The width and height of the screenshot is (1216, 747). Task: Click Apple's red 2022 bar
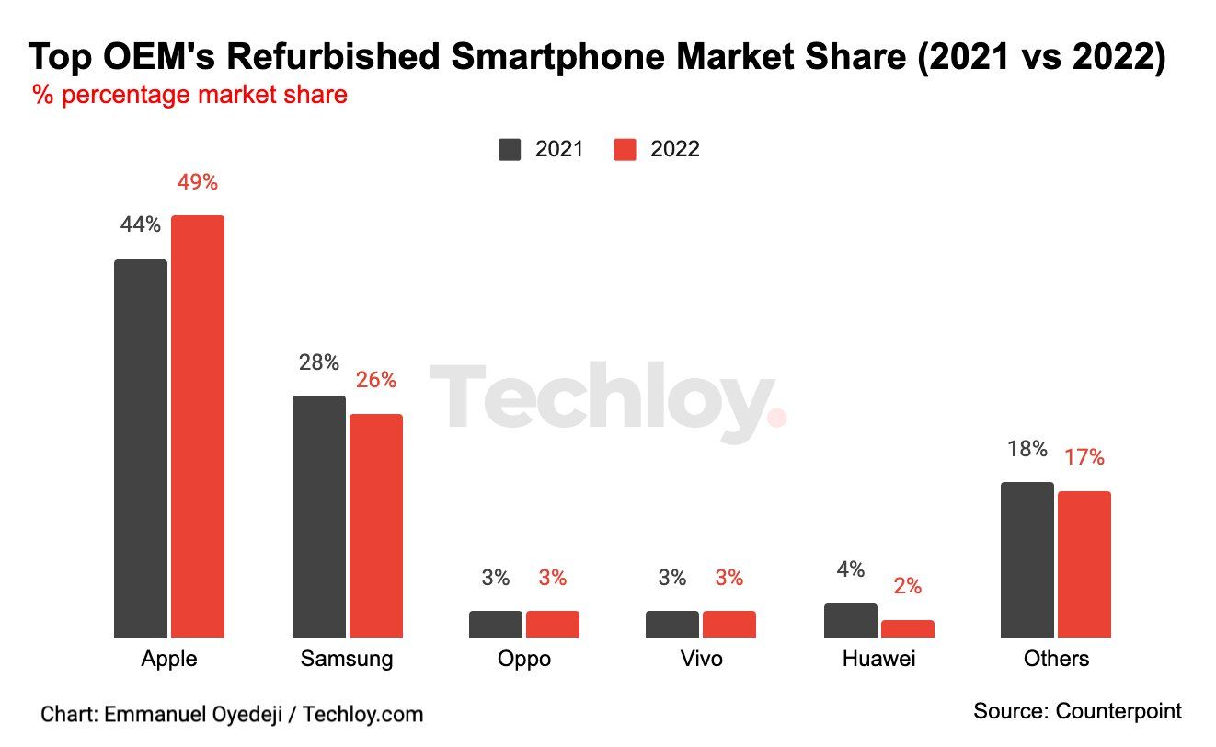198,426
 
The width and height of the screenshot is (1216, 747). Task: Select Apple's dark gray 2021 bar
141,448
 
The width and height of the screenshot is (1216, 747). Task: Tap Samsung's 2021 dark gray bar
319,516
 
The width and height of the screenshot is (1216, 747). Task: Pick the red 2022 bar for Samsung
376,525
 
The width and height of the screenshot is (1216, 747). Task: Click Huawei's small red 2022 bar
908,628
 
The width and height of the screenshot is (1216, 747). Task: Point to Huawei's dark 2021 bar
851,620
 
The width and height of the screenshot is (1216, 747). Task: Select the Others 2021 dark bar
1027,559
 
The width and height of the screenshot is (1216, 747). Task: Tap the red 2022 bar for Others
1084,564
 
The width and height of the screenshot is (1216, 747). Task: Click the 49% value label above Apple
198,182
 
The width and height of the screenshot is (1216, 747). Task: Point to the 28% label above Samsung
319,362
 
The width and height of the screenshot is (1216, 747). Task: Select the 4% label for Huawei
851,569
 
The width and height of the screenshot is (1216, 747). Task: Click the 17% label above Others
1084,457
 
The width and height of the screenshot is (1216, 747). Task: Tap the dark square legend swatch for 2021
510,149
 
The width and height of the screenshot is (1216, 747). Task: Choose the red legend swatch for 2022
625,149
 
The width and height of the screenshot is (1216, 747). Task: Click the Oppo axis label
524,660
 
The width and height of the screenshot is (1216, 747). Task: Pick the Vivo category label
701,660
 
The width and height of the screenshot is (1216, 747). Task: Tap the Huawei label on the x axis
879,660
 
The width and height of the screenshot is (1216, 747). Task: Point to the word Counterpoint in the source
1118,711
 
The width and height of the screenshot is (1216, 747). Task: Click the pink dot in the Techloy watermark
777,419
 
